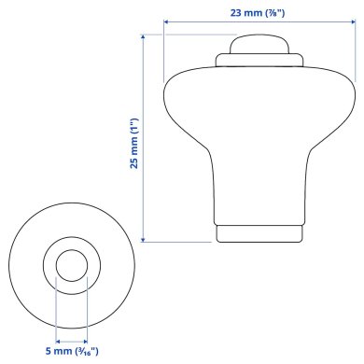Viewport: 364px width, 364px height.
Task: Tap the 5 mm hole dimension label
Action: click(x=71, y=351)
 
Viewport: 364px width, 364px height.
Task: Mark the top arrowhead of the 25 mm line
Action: click(x=143, y=38)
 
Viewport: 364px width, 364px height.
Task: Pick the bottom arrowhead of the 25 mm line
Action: click(x=143, y=239)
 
